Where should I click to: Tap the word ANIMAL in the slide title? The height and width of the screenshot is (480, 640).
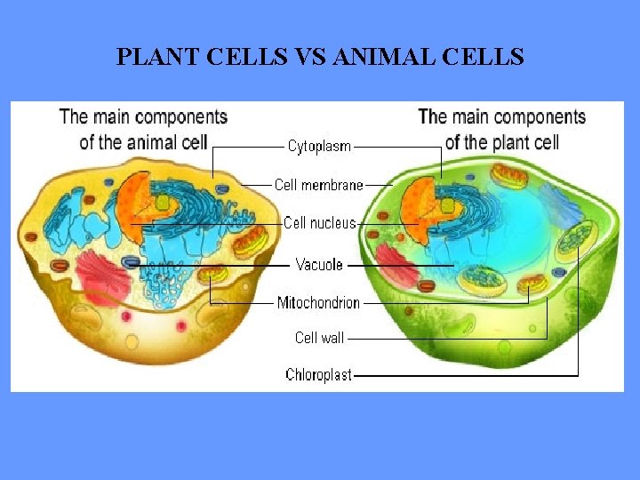pos(383,58)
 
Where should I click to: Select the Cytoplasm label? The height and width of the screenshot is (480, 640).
pos(319,146)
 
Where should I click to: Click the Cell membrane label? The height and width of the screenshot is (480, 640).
pos(318,185)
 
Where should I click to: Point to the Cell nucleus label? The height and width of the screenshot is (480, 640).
pos(319,223)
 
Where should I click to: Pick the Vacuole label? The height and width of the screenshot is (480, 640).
pos(319,264)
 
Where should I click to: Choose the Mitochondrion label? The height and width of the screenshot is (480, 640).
pos(318,302)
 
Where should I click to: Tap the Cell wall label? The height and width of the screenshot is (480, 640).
pos(319,337)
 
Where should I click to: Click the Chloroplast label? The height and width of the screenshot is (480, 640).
pos(318,375)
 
